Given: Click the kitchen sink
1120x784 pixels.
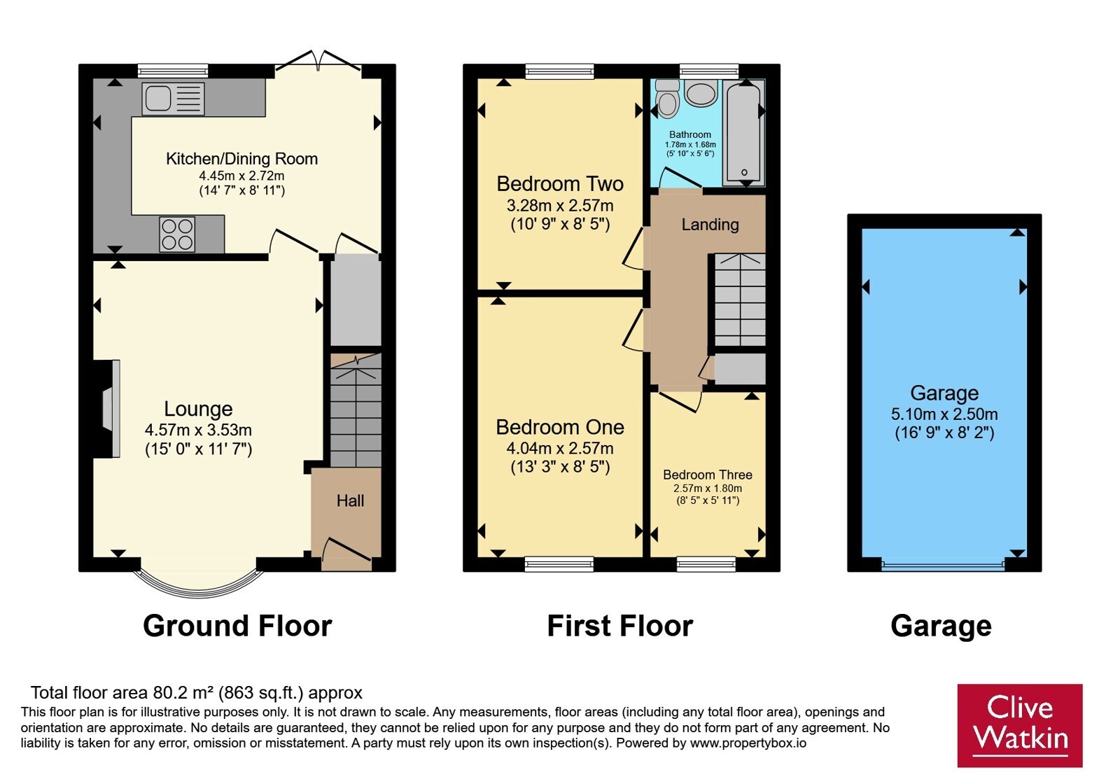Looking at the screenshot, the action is pyautogui.click(x=173, y=99).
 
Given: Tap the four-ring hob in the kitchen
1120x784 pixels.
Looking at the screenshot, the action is pyautogui.click(x=177, y=234).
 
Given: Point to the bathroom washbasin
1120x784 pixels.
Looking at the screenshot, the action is pyautogui.click(x=701, y=94).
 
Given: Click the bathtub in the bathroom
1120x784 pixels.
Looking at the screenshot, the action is pyautogui.click(x=744, y=132).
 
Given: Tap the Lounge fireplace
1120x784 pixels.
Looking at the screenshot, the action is pyautogui.click(x=106, y=409).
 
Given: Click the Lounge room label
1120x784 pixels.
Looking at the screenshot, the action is pyautogui.click(x=199, y=409).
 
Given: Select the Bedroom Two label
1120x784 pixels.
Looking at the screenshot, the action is pyautogui.click(x=560, y=184).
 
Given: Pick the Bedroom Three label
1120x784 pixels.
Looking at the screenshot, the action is pyautogui.click(x=708, y=475).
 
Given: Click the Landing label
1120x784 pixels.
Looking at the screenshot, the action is pyautogui.click(x=710, y=225).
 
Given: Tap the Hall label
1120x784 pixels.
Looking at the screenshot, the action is pyautogui.click(x=350, y=500).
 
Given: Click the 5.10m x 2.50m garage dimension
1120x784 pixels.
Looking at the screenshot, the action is pyautogui.click(x=944, y=414).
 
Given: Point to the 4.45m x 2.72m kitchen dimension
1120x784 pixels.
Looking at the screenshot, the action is pyautogui.click(x=241, y=176).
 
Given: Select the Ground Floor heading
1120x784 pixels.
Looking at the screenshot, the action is pyautogui.click(x=237, y=626).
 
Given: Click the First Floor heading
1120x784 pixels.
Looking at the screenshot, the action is pyautogui.click(x=620, y=626).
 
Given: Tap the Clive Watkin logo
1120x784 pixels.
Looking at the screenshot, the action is pyautogui.click(x=1020, y=725).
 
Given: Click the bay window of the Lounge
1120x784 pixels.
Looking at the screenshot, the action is pyautogui.click(x=199, y=590).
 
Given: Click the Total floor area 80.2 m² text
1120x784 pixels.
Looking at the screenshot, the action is pyautogui.click(x=197, y=692).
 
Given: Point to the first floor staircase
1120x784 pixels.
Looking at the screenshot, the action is pyautogui.click(x=739, y=300).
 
